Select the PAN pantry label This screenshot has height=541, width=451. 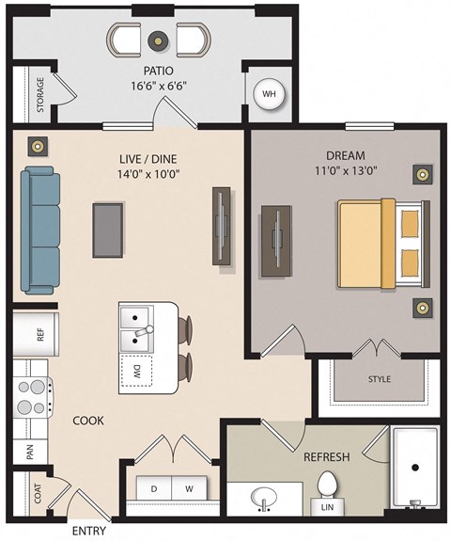coord(29,453)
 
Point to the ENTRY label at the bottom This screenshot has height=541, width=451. coord(88,531)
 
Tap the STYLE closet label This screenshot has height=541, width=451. coord(379,380)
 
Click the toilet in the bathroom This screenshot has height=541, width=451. coord(328,489)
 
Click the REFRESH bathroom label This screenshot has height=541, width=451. coord(326,457)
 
